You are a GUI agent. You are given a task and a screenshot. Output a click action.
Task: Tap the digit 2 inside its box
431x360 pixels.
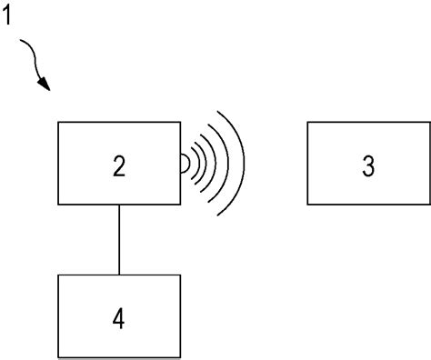pos(119,166)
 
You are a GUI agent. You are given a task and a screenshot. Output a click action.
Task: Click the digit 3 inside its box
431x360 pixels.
pos(367,166)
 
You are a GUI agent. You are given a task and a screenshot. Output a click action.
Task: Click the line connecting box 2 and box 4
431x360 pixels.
pos(119,239)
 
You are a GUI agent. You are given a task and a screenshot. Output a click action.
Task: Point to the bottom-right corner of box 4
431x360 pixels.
pos(179,356)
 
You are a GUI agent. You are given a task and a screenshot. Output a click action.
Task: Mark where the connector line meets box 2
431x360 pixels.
pos(119,204)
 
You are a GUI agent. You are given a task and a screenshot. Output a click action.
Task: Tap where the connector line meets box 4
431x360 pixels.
pos(119,275)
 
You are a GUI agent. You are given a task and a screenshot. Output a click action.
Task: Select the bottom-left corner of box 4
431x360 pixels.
pos(59,356)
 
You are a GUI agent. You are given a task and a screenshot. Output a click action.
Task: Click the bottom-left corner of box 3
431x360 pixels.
pos(307,204)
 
